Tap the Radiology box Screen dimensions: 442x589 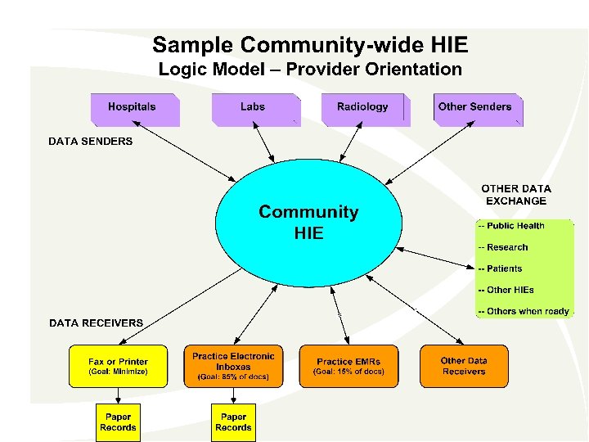[x=363, y=110]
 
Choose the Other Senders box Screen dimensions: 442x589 [x=477, y=110]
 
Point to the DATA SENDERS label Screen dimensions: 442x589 [x=90, y=142]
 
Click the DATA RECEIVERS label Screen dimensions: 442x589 [x=96, y=323]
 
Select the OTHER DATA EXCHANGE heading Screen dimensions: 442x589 [x=515, y=194]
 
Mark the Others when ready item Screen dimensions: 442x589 [x=524, y=311]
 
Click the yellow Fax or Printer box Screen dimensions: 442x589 [x=119, y=366]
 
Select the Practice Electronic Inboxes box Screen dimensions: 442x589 [x=233, y=366]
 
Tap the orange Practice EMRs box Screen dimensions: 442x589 [x=348, y=366]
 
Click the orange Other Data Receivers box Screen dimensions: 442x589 [x=464, y=366]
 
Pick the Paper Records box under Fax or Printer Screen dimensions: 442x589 [x=119, y=422]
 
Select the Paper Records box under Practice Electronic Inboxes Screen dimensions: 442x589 [x=233, y=422]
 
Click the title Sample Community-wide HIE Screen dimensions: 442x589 [x=310, y=45]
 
